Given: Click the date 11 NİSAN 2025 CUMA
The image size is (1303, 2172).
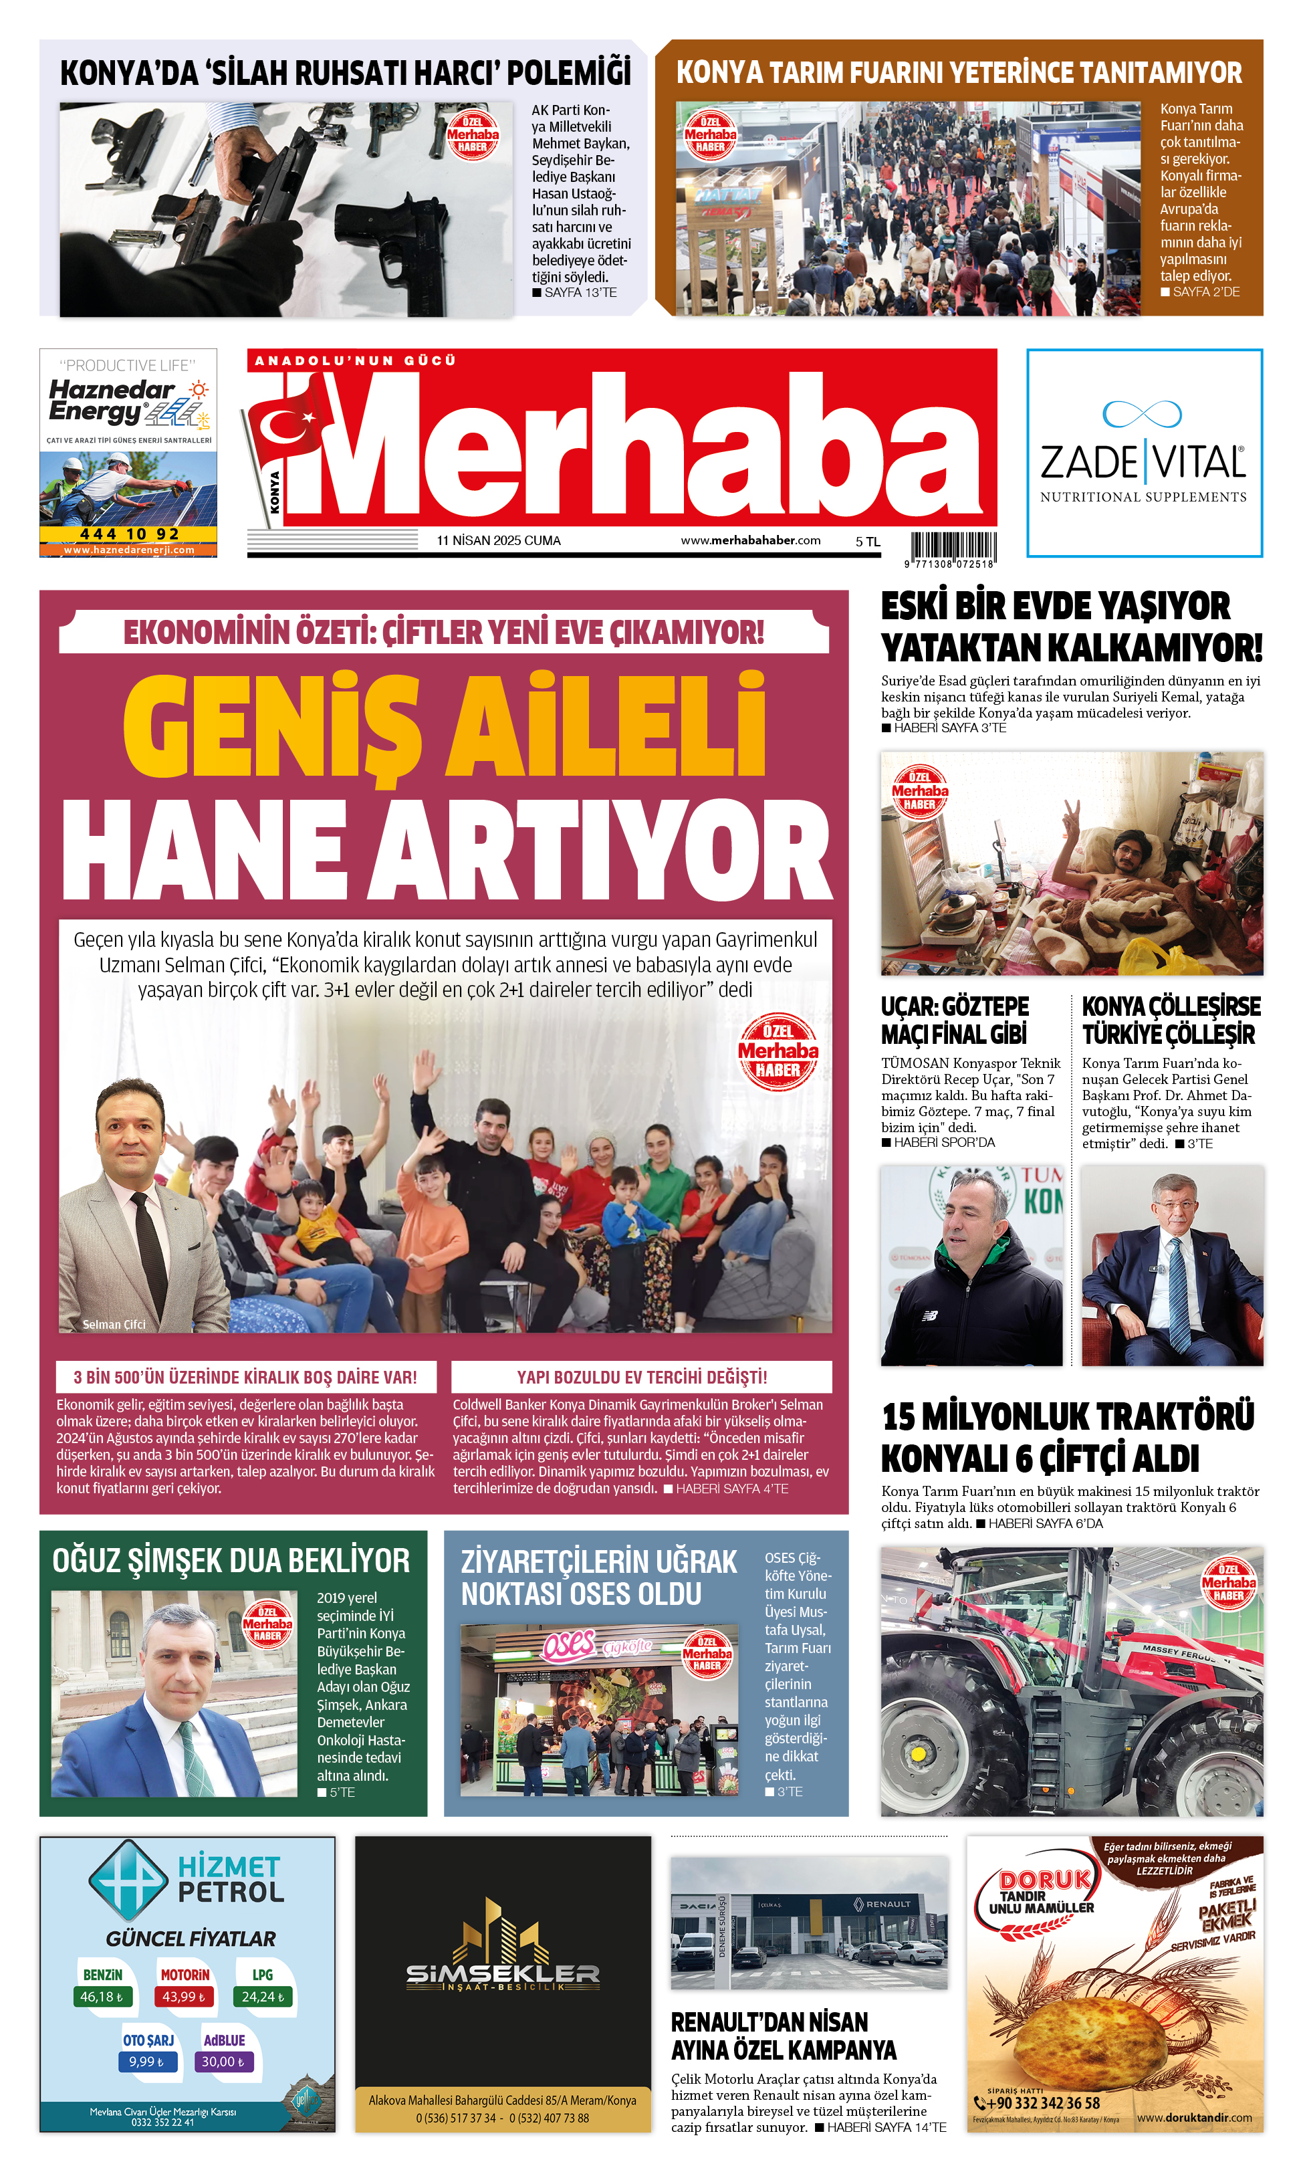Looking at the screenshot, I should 498,541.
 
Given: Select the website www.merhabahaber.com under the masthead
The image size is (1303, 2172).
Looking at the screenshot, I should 750,541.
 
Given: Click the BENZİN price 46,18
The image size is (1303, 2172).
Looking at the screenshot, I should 101,1996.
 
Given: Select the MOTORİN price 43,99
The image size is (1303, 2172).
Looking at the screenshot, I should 183,1996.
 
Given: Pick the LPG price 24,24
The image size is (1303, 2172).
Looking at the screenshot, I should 263,1996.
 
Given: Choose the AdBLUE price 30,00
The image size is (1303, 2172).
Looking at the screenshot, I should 223,2062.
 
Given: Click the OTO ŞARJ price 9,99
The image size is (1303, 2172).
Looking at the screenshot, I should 146,2062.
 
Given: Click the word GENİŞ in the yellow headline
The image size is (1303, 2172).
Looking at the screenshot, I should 272,726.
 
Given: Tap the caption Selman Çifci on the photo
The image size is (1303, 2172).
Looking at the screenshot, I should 114,1325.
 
